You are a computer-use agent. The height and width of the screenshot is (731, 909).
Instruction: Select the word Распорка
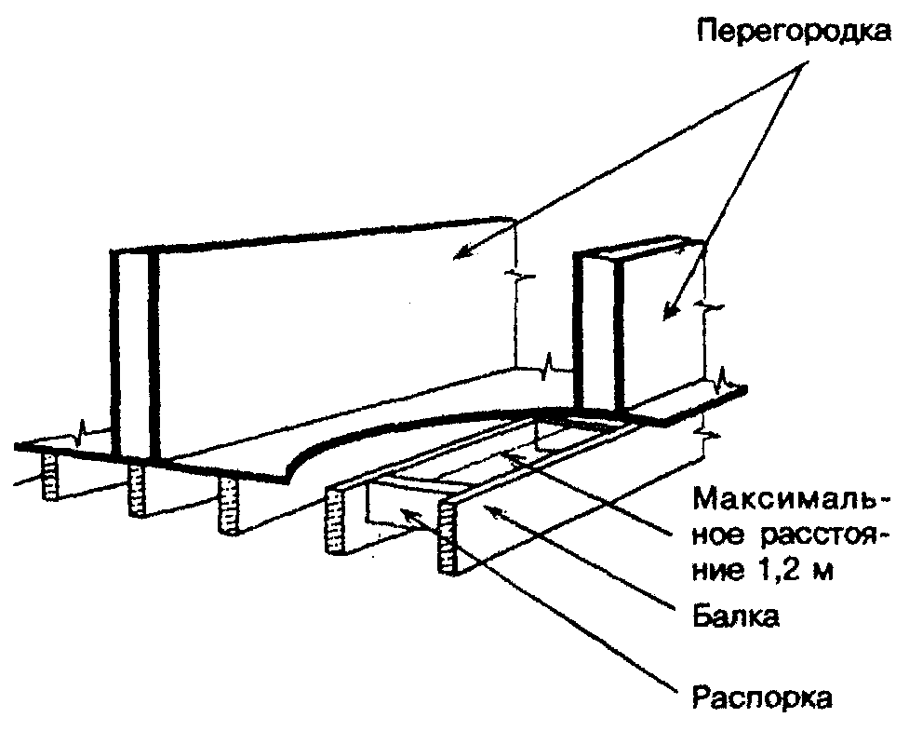point(763,697)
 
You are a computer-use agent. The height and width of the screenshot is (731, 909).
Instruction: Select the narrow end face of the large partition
point(131,354)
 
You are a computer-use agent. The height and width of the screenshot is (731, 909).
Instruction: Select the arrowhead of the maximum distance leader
point(508,455)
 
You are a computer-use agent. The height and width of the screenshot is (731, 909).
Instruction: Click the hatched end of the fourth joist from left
point(335,525)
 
